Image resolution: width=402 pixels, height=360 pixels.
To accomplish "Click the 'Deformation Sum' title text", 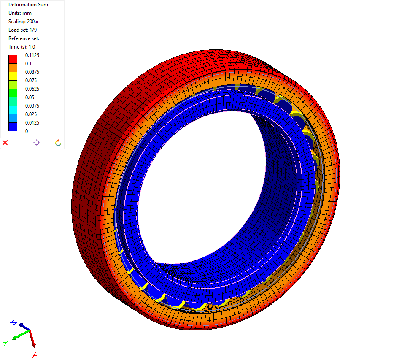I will point(28,5).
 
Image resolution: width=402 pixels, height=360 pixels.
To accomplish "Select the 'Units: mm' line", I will point(20,13).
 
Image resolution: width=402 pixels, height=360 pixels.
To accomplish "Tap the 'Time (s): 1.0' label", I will point(22,47).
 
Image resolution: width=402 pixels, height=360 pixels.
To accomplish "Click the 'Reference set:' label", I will point(24,38).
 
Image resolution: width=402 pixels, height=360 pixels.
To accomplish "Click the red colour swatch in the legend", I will point(13,59).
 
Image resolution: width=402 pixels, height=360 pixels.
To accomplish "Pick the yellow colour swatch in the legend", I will point(13,76).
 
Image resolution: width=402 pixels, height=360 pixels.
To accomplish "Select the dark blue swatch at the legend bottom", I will point(13,127).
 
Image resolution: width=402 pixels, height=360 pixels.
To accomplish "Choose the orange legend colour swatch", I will point(13,68).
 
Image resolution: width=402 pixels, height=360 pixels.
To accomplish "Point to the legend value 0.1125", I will point(32,55).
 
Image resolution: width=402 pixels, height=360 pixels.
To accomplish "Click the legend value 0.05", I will point(29,97).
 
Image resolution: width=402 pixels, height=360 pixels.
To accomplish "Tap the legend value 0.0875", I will point(32,72).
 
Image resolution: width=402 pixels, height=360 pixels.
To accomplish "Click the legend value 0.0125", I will point(32,123).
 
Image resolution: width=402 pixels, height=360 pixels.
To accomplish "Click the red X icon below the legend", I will point(5,143).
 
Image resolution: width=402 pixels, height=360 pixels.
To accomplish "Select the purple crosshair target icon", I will point(37,143).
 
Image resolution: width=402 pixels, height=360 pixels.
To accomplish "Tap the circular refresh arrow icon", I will point(58,143).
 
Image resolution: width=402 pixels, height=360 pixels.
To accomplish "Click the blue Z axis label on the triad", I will point(13,323).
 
